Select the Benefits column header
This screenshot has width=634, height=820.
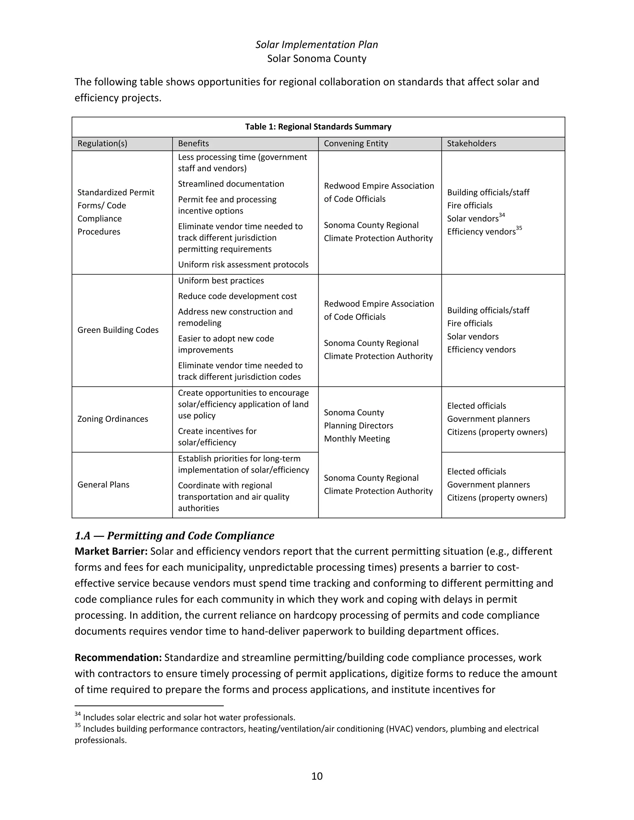coord(193,144)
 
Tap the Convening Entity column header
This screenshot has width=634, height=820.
coord(356,144)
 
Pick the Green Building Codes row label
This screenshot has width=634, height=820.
coord(118,330)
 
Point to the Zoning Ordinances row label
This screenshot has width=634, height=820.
coord(113,419)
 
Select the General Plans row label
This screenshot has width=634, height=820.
coord(103,485)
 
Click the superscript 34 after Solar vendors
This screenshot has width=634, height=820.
coord(502,215)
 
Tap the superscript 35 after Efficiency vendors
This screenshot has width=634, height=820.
coord(519,228)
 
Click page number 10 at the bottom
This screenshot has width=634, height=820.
coord(317,776)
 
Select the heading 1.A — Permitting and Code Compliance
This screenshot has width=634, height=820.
coord(174,536)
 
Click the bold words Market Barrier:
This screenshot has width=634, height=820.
coord(111,551)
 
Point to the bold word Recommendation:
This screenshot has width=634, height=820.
coord(118,658)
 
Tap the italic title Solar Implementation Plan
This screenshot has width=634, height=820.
coord(317,45)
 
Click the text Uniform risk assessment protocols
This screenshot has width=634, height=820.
coord(243,265)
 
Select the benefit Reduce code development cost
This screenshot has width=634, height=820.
coord(237,296)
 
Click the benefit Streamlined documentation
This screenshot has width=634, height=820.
coord(231,184)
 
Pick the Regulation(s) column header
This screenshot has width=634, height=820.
coord(102,144)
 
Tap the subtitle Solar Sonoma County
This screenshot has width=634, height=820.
coord(317,58)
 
